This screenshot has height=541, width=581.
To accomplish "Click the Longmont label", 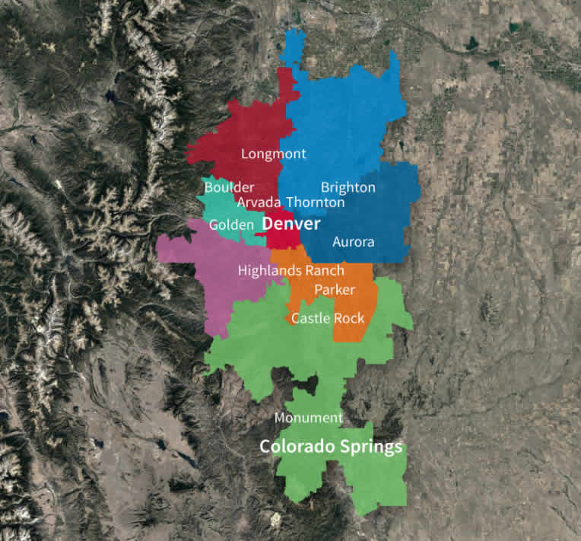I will pyautogui.click(x=273, y=154).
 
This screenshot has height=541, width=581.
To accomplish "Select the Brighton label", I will pyautogui.click(x=348, y=187).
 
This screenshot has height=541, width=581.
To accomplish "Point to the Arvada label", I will pyautogui.click(x=259, y=202).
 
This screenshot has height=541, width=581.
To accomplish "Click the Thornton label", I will pyautogui.click(x=315, y=202).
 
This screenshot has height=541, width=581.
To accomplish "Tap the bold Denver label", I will pyautogui.click(x=291, y=225).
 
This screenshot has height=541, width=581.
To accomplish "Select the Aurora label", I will pyautogui.click(x=353, y=242).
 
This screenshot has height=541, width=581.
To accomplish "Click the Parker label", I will pyautogui.click(x=335, y=290).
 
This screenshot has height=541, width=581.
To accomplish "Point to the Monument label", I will pyautogui.click(x=308, y=418).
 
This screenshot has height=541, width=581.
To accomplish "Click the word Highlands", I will pyautogui.click(x=269, y=270).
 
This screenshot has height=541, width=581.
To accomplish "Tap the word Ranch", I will pyautogui.click(x=324, y=270).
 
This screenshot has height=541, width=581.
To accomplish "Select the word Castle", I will pyautogui.click(x=310, y=318).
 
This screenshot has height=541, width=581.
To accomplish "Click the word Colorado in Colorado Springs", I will pyautogui.click(x=295, y=447).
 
